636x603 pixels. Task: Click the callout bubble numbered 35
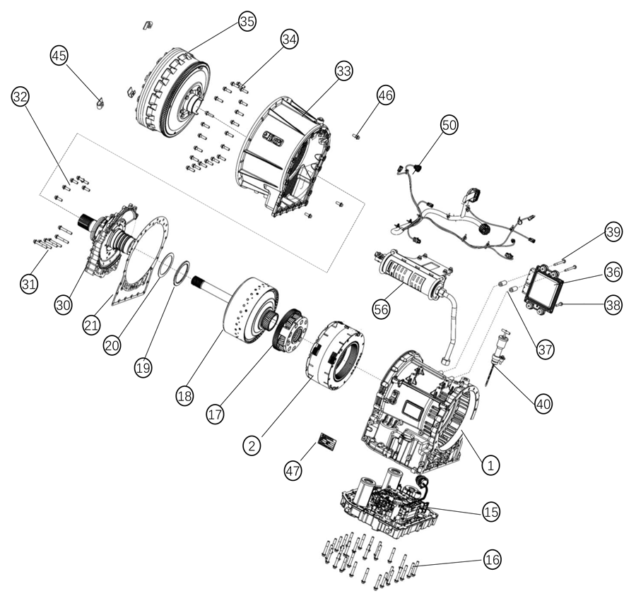[247, 21]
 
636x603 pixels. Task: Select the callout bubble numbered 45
[60, 55]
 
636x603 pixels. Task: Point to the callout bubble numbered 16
[492, 559]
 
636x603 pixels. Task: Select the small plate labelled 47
[326, 443]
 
